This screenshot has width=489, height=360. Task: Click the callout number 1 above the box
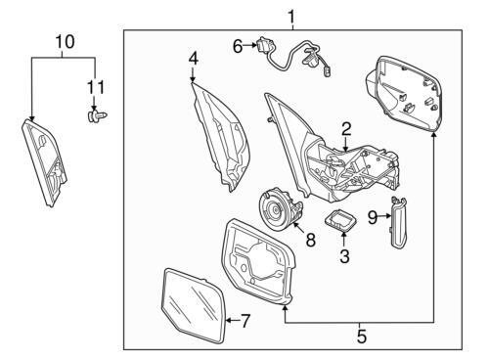tap(291, 18)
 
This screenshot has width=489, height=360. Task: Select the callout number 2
tap(346, 129)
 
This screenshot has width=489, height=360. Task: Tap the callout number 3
tap(344, 256)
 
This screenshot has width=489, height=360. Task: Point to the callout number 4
tap(193, 59)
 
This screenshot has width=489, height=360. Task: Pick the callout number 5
tap(362, 337)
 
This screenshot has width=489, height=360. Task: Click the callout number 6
tap(238, 47)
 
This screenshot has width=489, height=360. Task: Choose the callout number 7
tap(245, 321)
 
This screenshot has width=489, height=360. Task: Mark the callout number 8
tap(311, 241)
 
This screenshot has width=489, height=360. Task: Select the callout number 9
tap(373, 217)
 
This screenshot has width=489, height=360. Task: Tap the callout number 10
tap(66, 42)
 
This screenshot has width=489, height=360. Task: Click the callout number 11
tap(95, 87)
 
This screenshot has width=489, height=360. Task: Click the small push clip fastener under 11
tap(98, 115)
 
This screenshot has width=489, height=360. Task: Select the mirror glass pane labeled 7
tap(194, 305)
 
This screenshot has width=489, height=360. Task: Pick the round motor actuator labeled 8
tap(281, 209)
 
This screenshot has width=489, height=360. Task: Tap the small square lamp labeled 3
tap(340, 221)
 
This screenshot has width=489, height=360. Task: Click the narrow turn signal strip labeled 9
tap(398, 222)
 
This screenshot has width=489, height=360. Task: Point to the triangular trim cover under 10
tap(45, 162)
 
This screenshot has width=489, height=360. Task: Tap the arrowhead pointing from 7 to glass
tap(229, 321)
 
